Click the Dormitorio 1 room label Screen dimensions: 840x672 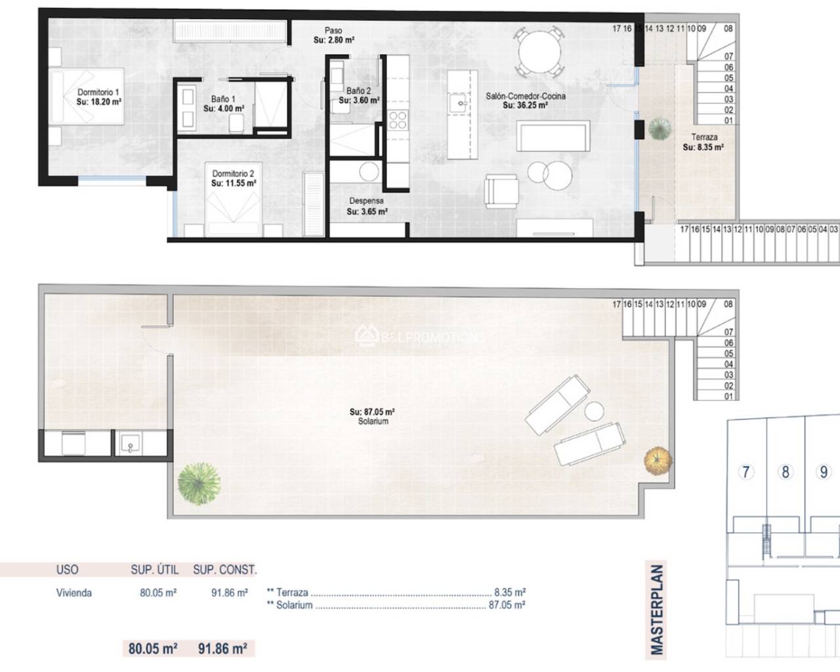[x=98, y=92]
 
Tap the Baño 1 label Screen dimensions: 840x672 [x=223, y=99]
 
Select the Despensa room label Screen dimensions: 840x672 [x=366, y=201]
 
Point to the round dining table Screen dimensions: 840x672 [x=540, y=51]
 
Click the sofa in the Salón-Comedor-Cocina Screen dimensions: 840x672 [x=553, y=135]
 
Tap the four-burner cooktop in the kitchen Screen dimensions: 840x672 [x=398, y=120]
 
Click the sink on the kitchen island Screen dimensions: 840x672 [x=461, y=103]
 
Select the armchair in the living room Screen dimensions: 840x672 [x=501, y=192]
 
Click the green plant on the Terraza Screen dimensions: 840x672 [x=660, y=129]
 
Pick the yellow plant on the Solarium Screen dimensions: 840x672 [x=658, y=461]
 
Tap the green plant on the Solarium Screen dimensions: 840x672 [x=199, y=484]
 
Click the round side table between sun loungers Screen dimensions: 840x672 [x=594, y=411]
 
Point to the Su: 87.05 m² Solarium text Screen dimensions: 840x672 [x=372, y=416]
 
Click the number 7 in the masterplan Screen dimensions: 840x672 [x=746, y=472]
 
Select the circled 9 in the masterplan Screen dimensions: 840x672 [x=824, y=472]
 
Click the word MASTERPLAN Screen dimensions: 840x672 [x=656, y=610]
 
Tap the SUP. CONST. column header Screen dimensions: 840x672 [x=225, y=570]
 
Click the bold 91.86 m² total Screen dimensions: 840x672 [x=222, y=648]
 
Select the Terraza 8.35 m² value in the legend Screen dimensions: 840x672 [x=510, y=593]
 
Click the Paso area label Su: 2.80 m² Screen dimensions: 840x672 [x=334, y=40]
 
